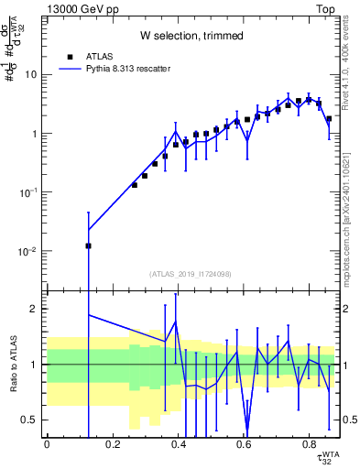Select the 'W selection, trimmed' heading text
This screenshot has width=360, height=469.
click(191, 36)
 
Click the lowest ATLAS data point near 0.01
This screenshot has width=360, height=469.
click(89, 245)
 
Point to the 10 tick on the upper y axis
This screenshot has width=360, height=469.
click(33, 74)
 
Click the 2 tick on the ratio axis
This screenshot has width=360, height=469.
click(36, 309)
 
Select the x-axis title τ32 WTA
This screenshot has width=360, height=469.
click(324, 455)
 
